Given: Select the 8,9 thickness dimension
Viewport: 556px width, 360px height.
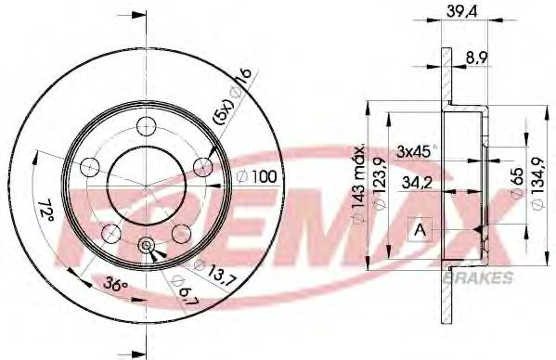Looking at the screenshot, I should tap(478, 57).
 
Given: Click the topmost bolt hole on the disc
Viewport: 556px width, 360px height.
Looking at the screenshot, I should tap(146, 127).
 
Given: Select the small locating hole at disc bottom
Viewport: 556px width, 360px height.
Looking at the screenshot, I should tap(147, 245).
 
